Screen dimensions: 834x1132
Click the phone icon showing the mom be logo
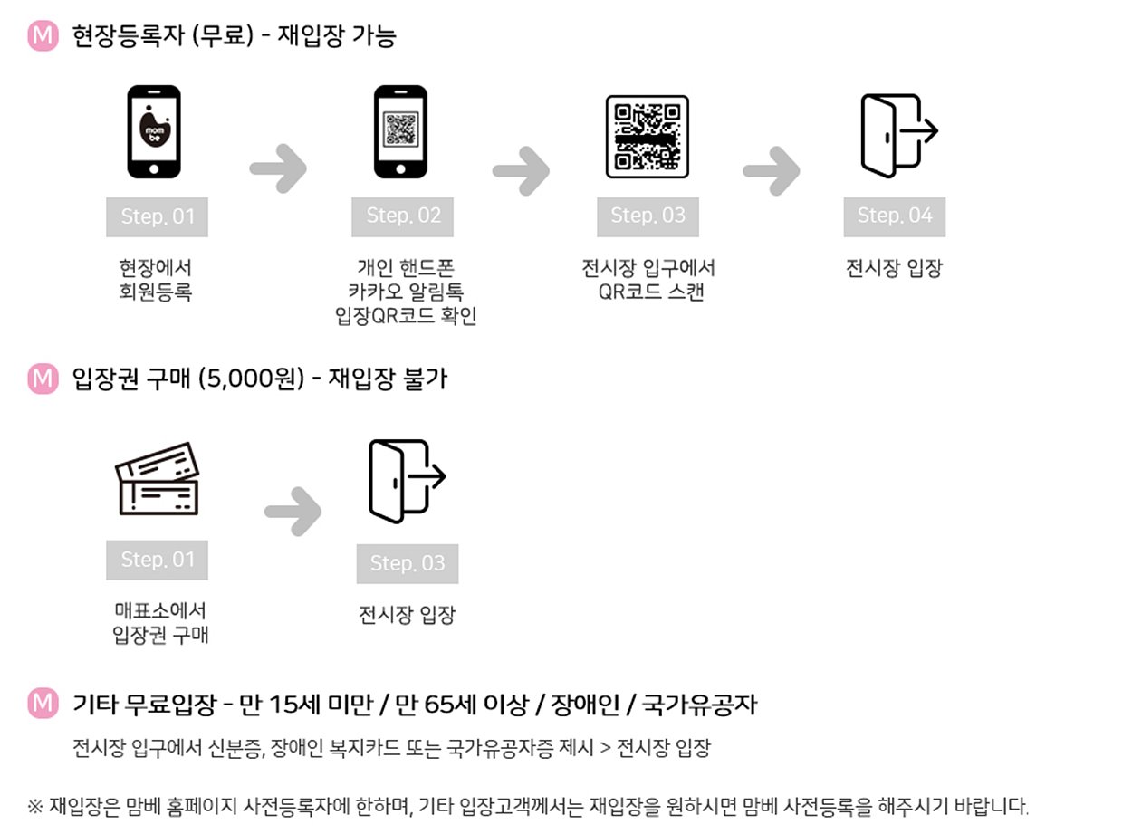(x=153, y=132)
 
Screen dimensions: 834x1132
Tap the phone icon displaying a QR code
(x=400, y=132)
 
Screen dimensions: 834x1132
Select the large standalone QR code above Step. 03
(x=647, y=136)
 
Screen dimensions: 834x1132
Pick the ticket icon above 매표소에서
(x=157, y=479)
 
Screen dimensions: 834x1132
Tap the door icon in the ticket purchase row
(x=406, y=481)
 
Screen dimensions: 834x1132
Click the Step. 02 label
(x=403, y=216)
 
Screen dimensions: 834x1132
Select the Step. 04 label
(x=895, y=216)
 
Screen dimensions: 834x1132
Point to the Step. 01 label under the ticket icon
(x=158, y=561)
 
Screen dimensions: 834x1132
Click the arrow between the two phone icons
(x=278, y=168)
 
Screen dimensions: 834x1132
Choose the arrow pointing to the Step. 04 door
(x=772, y=168)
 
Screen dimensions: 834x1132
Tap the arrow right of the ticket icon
(x=293, y=512)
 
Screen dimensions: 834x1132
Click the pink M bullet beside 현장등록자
(x=43, y=37)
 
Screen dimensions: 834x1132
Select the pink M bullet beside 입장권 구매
(x=43, y=379)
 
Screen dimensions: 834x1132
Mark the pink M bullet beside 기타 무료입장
(x=43, y=703)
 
